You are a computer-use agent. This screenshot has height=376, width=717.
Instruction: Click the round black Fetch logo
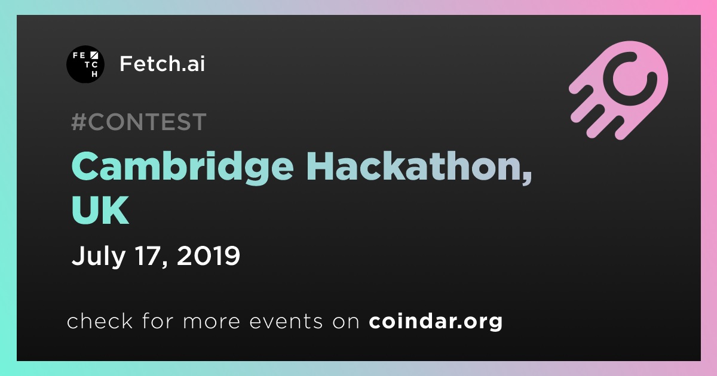pyautogui.click(x=85, y=64)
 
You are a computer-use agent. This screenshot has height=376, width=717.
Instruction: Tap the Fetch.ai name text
pyautogui.click(x=162, y=63)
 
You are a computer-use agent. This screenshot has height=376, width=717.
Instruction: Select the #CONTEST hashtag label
pyautogui.click(x=139, y=122)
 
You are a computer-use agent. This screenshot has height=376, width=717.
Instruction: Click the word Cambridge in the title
pyautogui.click(x=182, y=168)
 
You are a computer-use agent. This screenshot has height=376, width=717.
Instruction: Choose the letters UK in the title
pyautogui.click(x=100, y=210)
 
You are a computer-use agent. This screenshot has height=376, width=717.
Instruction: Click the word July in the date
pyautogui.click(x=99, y=257)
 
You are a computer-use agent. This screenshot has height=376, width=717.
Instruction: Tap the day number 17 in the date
pyautogui.click(x=148, y=255)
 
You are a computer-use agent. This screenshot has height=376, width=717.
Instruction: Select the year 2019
pyautogui.click(x=209, y=255)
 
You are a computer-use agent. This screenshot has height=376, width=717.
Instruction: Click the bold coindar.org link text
pyautogui.click(x=436, y=321)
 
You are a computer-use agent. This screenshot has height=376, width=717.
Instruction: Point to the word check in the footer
pyautogui.click(x=100, y=320)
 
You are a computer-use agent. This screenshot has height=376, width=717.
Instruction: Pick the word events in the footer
pyautogui.click(x=286, y=322)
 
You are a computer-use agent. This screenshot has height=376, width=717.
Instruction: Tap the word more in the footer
pyautogui.click(x=212, y=322)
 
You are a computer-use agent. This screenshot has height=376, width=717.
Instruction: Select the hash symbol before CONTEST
pyautogui.click(x=79, y=122)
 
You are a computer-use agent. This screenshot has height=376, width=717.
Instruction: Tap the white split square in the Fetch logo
pyautogui.click(x=94, y=55)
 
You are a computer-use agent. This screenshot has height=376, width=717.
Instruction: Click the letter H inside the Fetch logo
pyautogui.click(x=94, y=74)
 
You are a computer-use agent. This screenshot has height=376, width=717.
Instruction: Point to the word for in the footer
pyautogui.click(x=158, y=320)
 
